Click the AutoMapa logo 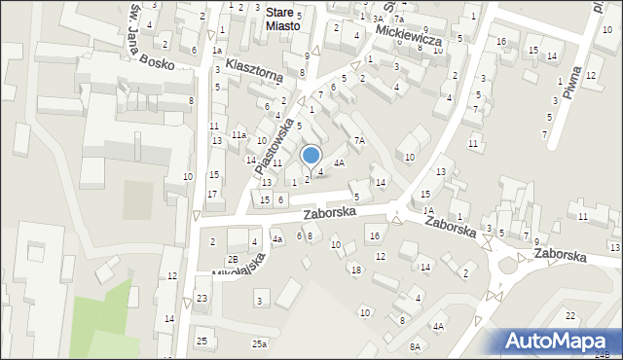click(560, 341)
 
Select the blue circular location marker click(311, 155)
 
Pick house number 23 click(202, 298)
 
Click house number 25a click(259, 344)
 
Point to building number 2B click(233, 259)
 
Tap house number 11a click(238, 135)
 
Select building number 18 click(355, 270)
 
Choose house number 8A click(415, 346)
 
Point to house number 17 click(211, 194)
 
